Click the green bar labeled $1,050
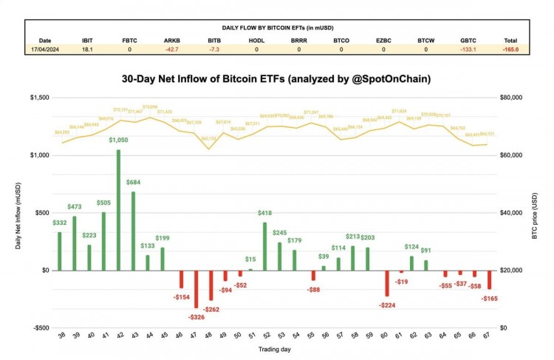pos(118,210)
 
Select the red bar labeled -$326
pos(196,288)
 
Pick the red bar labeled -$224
pos(386,283)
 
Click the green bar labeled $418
pos(265,246)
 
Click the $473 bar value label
pos(74,208)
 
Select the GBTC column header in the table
pos(468,40)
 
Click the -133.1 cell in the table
pos(468,50)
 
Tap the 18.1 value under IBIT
pos(88,50)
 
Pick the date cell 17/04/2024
pos(46,50)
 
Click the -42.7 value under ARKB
pos(172,50)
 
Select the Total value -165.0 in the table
pos(510,50)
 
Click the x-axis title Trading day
pos(274,348)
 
